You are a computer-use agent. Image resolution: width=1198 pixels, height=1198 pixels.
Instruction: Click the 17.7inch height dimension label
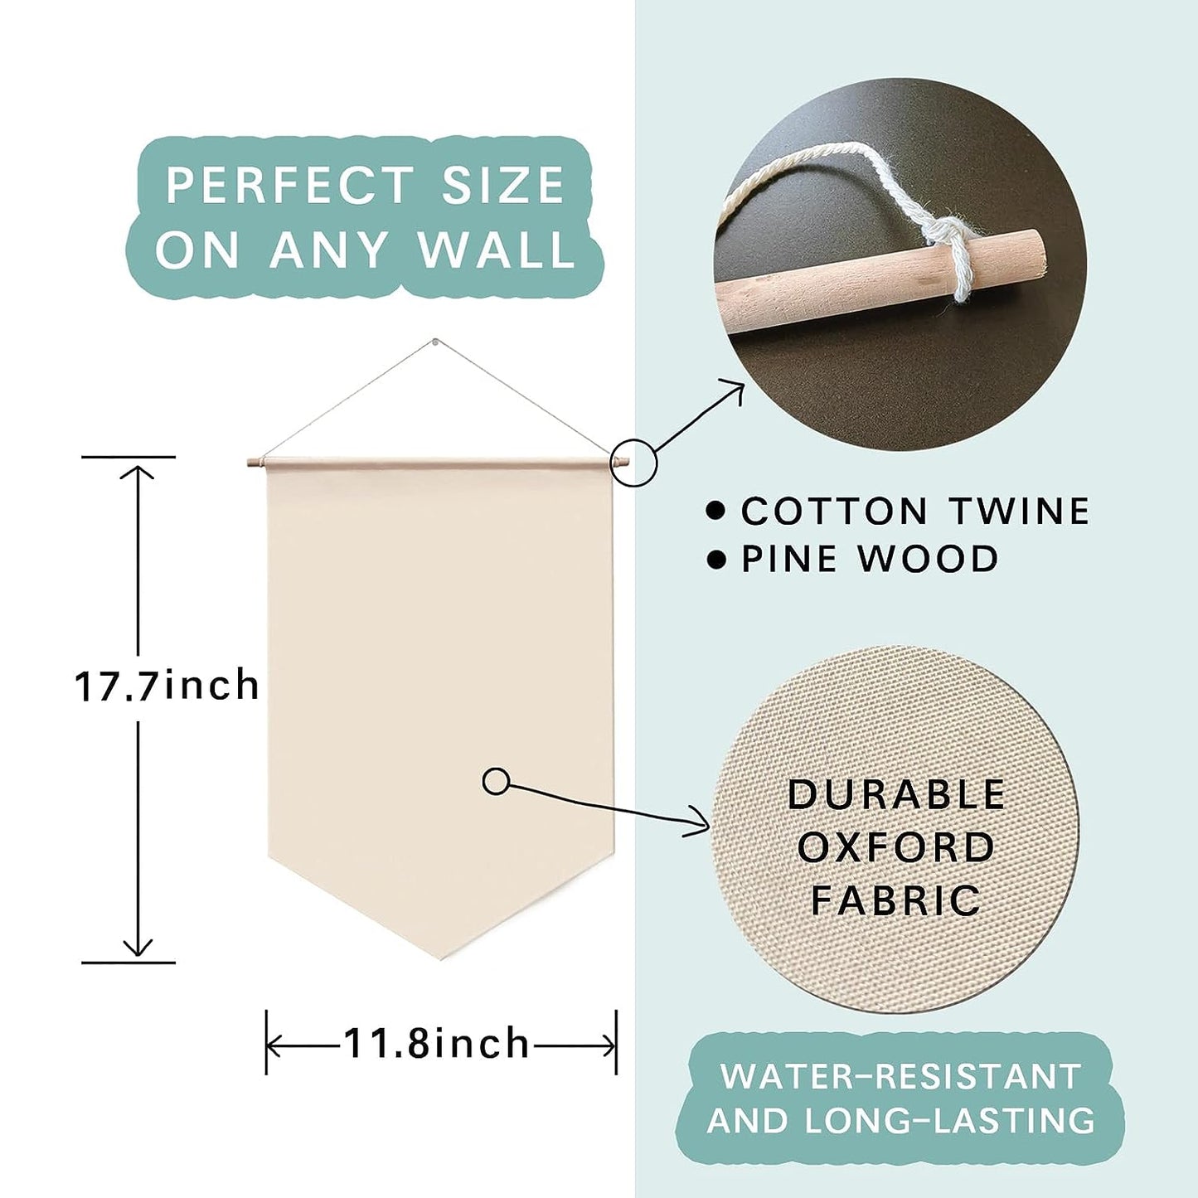167,686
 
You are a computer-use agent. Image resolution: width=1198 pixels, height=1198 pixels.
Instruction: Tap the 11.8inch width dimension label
436,1043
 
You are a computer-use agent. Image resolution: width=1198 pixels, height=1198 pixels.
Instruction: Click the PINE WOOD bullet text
870,558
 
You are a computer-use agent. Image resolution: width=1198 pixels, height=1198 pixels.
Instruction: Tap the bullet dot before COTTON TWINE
717,511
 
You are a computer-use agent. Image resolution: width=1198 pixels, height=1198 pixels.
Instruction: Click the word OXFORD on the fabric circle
896,846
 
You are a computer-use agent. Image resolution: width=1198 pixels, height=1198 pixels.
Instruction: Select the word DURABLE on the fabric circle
896,794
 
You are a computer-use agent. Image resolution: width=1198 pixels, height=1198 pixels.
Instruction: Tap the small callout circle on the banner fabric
496,782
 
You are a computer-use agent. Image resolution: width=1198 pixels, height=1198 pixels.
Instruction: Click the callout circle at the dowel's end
633,463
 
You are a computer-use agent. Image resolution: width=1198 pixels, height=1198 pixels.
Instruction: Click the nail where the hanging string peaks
437,342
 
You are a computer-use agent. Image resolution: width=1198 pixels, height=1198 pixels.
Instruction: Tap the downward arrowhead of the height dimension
138,948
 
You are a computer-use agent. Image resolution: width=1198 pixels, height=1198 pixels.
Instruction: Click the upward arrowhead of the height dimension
138,473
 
